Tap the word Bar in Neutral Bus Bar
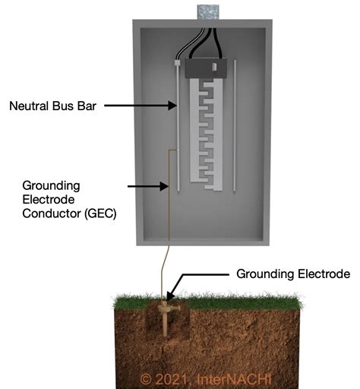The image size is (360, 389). tap(84, 107)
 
